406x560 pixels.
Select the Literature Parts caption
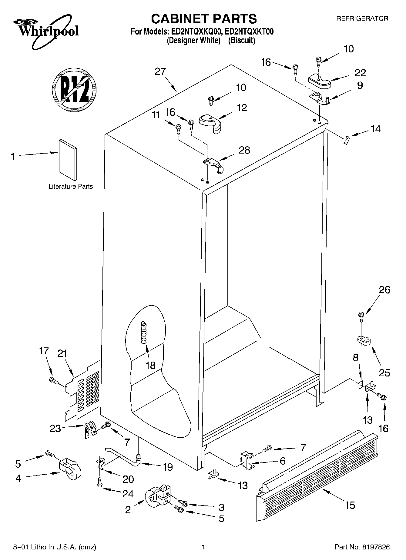[71, 187]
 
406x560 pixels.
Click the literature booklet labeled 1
[68, 160]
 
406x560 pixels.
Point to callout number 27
[160, 71]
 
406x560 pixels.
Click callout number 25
[384, 373]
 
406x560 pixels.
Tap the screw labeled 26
[361, 316]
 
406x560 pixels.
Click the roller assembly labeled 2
[157, 497]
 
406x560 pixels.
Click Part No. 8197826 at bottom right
[362, 547]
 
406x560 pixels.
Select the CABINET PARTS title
[204, 19]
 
